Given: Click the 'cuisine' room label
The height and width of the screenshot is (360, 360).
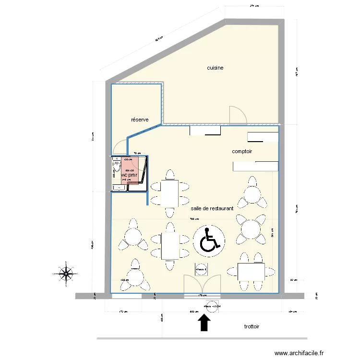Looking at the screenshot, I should [x=215, y=68].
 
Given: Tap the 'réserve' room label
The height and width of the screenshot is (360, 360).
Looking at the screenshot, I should [x=140, y=120].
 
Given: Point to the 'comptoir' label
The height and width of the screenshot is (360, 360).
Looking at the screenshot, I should [x=242, y=152].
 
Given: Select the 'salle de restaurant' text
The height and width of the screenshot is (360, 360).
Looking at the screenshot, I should [x=212, y=209].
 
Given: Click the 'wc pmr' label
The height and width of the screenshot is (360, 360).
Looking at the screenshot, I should [x=129, y=176].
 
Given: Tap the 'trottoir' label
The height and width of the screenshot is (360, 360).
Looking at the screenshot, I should [x=252, y=326].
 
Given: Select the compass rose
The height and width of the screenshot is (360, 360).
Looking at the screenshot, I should [x=64, y=274].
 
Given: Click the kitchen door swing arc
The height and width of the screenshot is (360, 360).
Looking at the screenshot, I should [x=238, y=114].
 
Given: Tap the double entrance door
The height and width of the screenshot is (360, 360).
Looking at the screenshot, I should [x=202, y=283].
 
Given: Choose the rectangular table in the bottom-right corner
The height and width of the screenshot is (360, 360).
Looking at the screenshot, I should [x=251, y=272].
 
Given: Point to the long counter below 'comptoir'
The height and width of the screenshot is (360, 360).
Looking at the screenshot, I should [x=255, y=166].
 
